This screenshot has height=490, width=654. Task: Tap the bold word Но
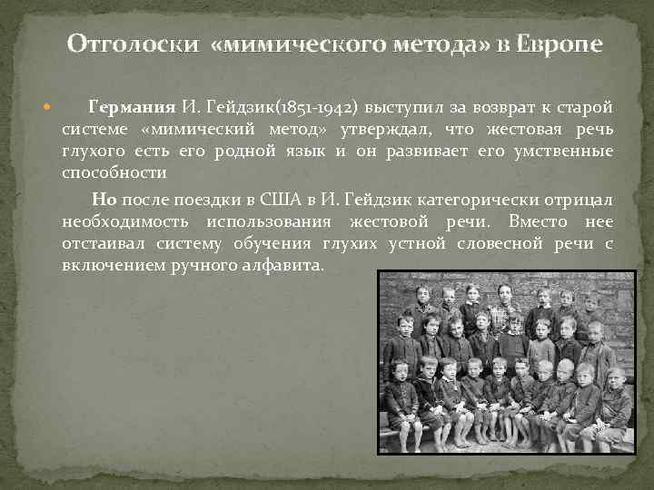click(104, 200)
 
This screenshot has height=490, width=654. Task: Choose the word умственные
click(570, 150)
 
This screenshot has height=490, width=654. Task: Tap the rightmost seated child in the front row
click(615, 399)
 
